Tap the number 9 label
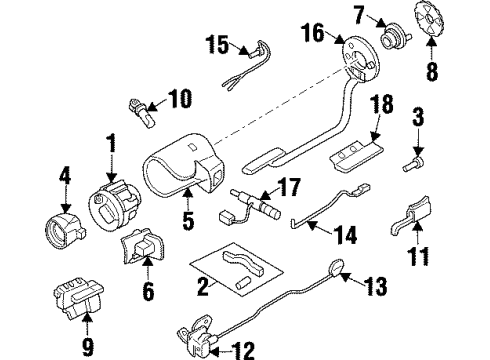87,322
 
